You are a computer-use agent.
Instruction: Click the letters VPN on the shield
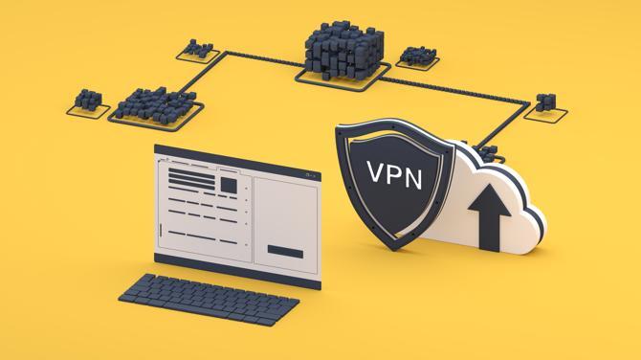393,173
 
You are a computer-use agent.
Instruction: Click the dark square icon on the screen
229,184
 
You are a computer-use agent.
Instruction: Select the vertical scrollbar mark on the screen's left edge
162,230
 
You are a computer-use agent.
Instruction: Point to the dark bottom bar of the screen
286,251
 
